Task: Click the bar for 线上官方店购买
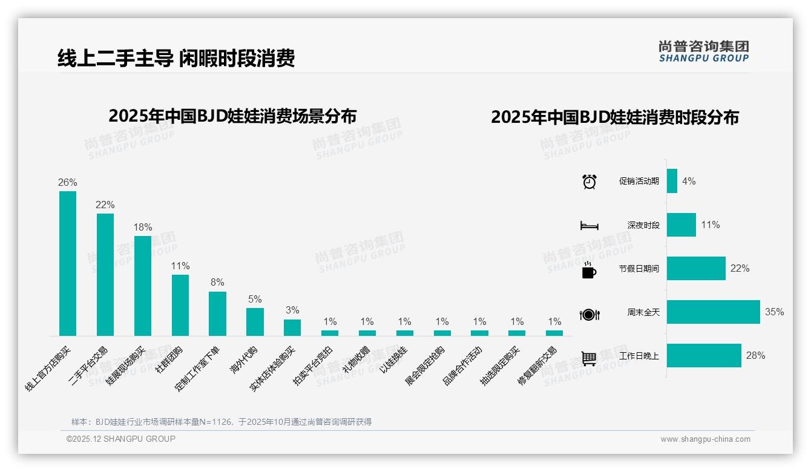68,263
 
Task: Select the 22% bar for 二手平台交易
105,274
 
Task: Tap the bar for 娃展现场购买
143,286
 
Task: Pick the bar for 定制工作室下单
217,313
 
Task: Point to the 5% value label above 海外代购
255,299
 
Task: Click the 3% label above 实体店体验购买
292,310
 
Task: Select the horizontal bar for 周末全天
713,312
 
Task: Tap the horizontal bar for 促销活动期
672,181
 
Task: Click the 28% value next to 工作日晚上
755,356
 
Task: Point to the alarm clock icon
589,182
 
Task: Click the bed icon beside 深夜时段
589,226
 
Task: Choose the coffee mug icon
589,270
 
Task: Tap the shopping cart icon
589,358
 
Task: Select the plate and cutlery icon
589,314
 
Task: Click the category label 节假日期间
639,269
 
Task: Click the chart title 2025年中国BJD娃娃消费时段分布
615,117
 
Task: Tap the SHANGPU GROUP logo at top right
703,51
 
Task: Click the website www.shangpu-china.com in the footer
705,439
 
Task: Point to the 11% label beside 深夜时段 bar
711,225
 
